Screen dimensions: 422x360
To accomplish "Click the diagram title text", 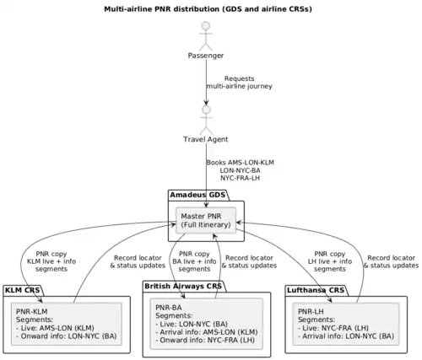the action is coord(208,9).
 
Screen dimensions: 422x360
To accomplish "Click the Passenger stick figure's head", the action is coord(206,25).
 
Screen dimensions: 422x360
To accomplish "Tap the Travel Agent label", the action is coord(206,139).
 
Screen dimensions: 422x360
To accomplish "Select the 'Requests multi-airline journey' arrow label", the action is coord(240,83).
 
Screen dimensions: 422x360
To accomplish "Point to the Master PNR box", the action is coord(206,221).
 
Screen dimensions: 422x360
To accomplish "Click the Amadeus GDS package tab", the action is coord(198,195).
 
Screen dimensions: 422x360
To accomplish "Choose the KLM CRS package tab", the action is coord(23,290).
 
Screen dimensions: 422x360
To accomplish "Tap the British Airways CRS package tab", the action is coord(183,287).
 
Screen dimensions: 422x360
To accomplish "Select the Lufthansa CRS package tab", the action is coord(316,290).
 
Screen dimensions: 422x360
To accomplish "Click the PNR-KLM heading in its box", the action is coord(32,311).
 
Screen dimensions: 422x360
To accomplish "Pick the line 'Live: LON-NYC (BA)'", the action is coord(192,324).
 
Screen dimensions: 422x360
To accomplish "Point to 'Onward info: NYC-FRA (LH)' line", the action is coord(205,341).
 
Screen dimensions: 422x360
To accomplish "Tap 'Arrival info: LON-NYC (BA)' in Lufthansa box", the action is coord(346,336).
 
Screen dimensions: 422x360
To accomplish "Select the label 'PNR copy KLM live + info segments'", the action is coord(51,261).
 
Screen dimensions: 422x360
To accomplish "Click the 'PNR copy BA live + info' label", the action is coord(194,258).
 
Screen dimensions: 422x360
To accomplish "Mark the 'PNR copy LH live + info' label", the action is coord(330,258).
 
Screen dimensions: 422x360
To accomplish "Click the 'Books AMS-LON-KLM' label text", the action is coord(241,163).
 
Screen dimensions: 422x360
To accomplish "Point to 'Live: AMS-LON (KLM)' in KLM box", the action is coord(55,328).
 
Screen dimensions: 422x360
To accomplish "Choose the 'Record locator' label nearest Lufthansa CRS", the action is coord(392,258).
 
